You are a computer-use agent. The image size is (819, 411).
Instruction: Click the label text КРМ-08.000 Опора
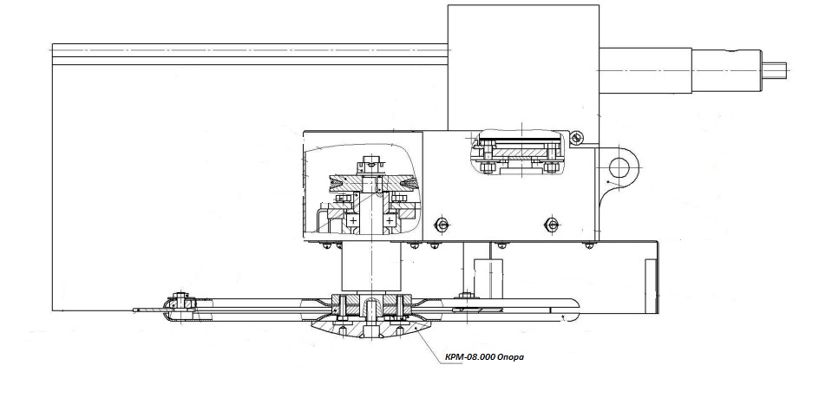(x=485, y=356)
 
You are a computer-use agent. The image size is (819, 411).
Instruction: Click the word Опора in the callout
(x=511, y=356)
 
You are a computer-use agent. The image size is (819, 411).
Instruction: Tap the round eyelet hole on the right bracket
(x=621, y=165)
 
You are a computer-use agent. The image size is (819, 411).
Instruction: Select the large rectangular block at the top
(x=523, y=65)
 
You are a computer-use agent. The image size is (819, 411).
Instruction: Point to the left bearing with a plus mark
(x=354, y=221)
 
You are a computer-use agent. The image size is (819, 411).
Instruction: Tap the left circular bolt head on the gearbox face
(x=442, y=225)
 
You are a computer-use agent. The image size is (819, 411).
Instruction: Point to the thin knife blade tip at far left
(x=139, y=310)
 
